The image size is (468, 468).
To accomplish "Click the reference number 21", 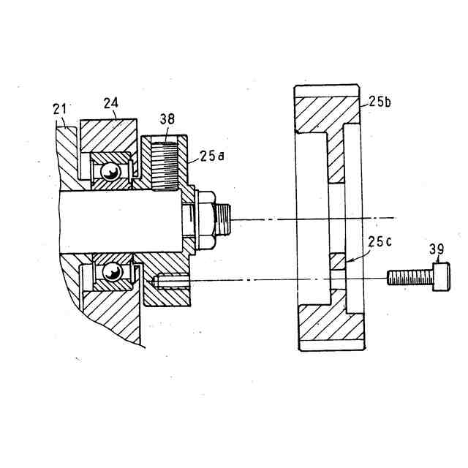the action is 60,109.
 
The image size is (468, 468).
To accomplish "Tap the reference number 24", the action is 111,103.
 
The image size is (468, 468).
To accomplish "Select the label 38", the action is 167,119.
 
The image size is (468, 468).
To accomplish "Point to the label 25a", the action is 212,156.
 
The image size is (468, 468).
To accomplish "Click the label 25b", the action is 380,102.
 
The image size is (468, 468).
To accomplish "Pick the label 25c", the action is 380,242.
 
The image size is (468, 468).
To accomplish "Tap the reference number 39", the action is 437,249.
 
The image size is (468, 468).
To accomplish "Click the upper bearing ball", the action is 110,172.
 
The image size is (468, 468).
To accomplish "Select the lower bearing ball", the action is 112,271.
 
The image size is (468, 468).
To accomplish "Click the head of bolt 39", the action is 442,276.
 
